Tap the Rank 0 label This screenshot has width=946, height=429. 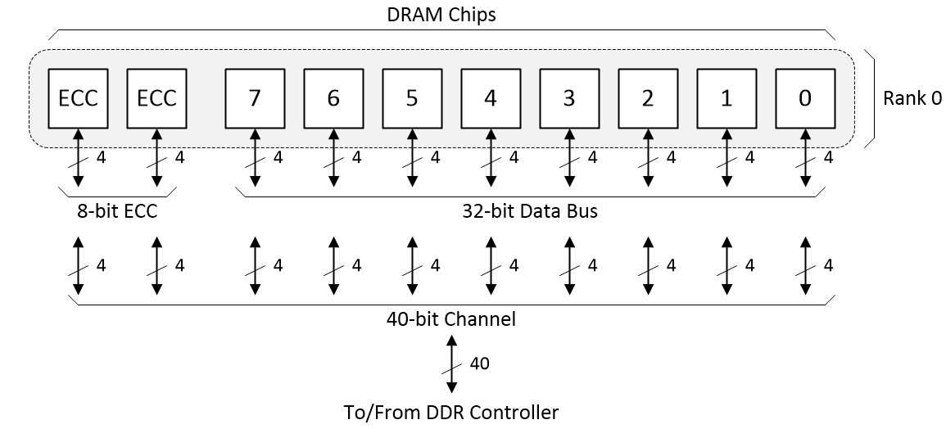pyautogui.click(x=912, y=98)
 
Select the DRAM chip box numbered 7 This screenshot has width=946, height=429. pyautogui.click(x=255, y=98)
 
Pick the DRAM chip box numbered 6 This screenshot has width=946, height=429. pyautogui.click(x=333, y=98)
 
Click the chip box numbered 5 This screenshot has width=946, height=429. pyautogui.click(x=412, y=98)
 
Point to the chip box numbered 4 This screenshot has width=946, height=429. pyautogui.click(x=491, y=98)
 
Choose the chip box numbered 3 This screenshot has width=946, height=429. pyautogui.click(x=569, y=98)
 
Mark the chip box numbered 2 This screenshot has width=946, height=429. pyautogui.click(x=648, y=98)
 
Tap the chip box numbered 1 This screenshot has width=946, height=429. pyautogui.click(x=726, y=98)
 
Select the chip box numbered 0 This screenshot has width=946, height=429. pyautogui.click(x=805, y=98)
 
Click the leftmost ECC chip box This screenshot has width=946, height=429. pyautogui.click(x=78, y=98)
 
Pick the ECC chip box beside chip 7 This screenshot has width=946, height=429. pyautogui.click(x=156, y=98)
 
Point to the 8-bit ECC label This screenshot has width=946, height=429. pyautogui.click(x=117, y=211)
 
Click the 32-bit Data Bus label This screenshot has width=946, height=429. pyautogui.click(x=529, y=211)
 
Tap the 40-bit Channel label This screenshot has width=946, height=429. pyautogui.click(x=450, y=319)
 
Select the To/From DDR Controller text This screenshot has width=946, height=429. pyautogui.click(x=450, y=412)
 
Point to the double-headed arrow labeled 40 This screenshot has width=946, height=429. pyautogui.click(x=451, y=363)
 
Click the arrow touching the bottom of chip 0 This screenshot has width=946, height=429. pyautogui.click(x=805, y=156)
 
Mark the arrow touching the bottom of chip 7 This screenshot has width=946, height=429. pyautogui.click(x=255, y=156)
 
